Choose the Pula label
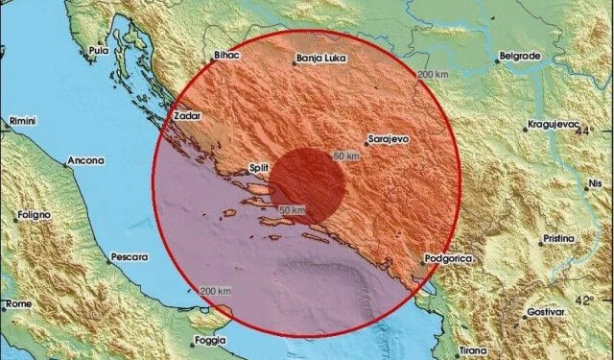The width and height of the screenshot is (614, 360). [x=97, y=50]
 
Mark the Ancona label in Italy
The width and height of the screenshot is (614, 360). [x=85, y=160]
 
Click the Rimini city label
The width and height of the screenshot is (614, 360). [x=21, y=121]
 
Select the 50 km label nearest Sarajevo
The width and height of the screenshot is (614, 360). [x=346, y=156]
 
